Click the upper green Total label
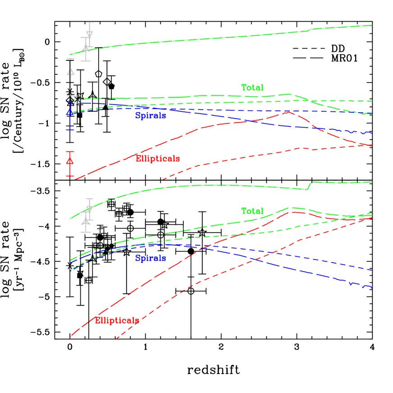[x=252, y=88]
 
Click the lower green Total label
[x=252, y=211]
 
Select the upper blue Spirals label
[x=151, y=116]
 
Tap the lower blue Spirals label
[x=151, y=258]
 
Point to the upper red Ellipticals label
[x=158, y=159]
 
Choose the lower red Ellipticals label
[x=117, y=320]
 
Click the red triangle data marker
[x=70, y=161]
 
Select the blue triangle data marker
[x=69, y=112]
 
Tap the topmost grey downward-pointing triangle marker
[x=90, y=35]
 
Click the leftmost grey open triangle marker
[x=70, y=72]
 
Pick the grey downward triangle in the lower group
[x=89, y=209]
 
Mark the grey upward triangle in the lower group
[x=86, y=221]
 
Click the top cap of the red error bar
[x=70, y=152]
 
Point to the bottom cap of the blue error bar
[x=69, y=130]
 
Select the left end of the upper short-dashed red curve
[x=163, y=179]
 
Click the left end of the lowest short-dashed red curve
[x=116, y=338]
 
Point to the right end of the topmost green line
[x=372, y=25]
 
